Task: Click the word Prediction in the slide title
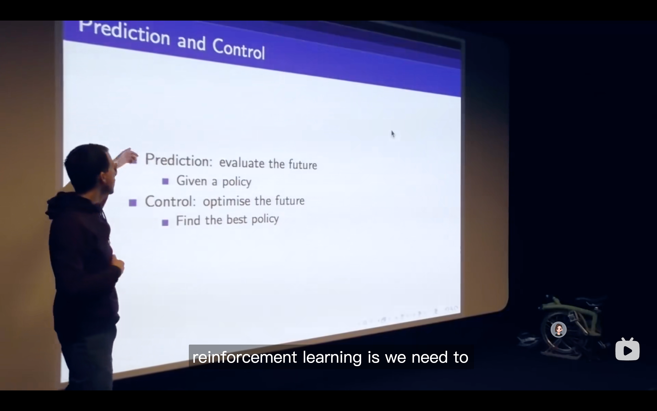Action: coord(124,33)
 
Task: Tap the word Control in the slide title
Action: coord(238,49)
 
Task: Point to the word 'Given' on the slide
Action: coord(192,181)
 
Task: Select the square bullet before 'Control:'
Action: coord(133,203)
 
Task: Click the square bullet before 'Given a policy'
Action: coord(165,181)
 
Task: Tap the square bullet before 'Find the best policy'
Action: coord(165,223)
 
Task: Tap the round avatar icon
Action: coord(558,329)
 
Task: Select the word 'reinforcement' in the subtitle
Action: coord(244,357)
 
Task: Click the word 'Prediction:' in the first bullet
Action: coord(179,160)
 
